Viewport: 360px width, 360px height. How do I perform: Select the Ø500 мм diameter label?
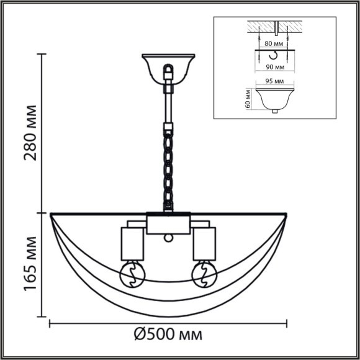[168, 336]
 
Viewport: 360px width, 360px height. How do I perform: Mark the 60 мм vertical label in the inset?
[248, 98]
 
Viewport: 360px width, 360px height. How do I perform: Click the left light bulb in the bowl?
[132, 275]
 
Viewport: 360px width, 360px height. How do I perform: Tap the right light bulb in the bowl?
[203, 275]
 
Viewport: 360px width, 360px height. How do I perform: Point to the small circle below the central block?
[168, 238]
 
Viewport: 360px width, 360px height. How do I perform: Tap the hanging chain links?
[168, 168]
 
